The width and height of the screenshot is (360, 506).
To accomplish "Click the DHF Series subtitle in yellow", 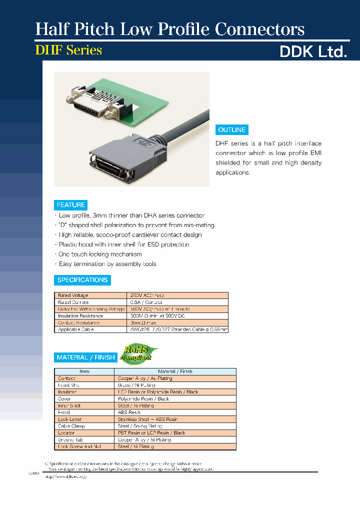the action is tap(68, 50).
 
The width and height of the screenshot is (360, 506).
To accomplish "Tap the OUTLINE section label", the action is tap(231, 130).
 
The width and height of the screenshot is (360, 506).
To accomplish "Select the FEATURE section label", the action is tap(71, 205).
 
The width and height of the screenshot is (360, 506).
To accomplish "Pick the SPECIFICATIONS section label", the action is tap(82, 280).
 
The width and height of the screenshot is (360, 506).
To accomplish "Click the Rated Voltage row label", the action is tap(73, 295).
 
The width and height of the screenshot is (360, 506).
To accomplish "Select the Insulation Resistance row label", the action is tap(80, 316).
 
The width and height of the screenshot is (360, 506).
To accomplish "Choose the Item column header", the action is tap(84, 371).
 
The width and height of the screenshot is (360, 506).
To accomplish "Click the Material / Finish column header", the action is tap(175, 371).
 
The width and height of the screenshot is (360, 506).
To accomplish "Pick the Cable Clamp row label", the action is tap(71, 426).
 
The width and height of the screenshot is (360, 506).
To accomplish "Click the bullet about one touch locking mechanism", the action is tap(100, 254).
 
